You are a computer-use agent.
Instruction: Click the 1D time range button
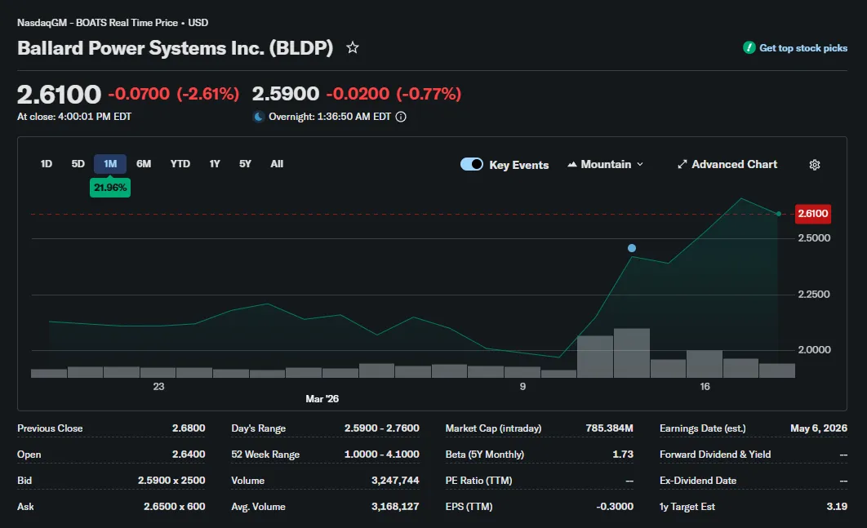[x=47, y=164]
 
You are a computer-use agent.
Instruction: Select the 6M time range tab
[x=144, y=164]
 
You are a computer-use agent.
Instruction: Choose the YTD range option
[x=180, y=164]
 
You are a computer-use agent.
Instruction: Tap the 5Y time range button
[x=245, y=164]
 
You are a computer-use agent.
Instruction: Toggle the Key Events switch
[x=472, y=164]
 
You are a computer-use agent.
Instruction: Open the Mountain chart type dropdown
[x=606, y=164]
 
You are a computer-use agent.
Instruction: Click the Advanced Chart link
[x=727, y=164]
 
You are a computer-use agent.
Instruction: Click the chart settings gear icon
[x=815, y=165]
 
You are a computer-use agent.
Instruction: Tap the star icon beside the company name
[x=352, y=48]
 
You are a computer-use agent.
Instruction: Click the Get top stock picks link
[x=795, y=48]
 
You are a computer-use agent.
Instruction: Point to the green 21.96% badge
[x=110, y=188]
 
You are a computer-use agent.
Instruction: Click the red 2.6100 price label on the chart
[x=813, y=214]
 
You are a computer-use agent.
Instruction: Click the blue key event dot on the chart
[x=632, y=248]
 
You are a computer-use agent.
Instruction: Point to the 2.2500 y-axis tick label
[x=813, y=294]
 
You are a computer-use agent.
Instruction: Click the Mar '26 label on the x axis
[x=322, y=398]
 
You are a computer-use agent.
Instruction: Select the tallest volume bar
[x=632, y=353]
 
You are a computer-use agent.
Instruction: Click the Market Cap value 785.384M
[x=609, y=428]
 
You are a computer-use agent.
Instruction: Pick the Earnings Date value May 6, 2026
[x=818, y=428]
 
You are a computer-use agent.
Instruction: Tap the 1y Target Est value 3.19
[x=837, y=507]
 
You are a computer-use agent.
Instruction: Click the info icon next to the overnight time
[x=401, y=117]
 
